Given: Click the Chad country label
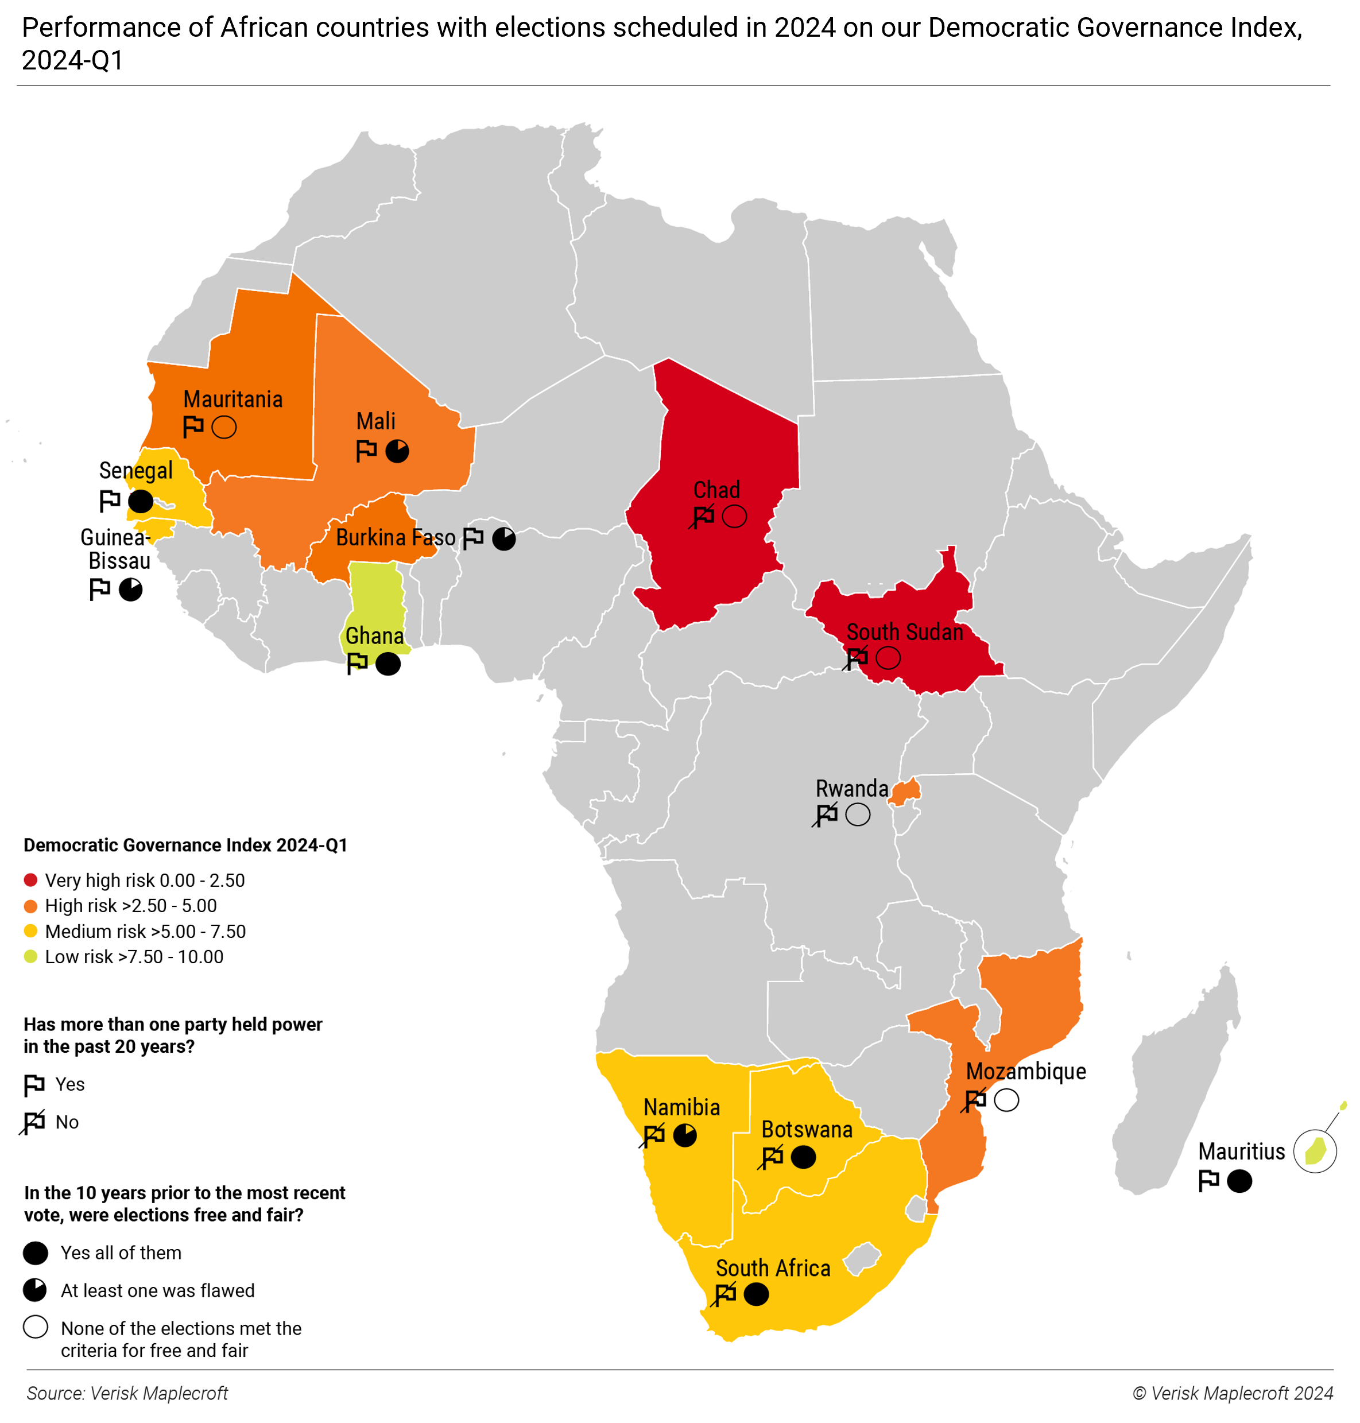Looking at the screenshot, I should tap(716, 490).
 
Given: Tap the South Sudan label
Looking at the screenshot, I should tap(904, 632).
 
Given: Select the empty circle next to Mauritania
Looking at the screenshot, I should tap(224, 427).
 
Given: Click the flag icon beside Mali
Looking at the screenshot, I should tap(366, 451).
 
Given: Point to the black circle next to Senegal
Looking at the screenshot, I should tap(141, 501).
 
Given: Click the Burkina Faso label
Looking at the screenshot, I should tap(395, 538).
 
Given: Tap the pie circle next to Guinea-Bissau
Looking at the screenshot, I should tap(130, 590).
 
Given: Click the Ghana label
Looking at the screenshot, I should tap(374, 636).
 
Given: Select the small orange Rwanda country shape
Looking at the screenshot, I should tap(905, 792).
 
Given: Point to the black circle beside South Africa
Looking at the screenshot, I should tap(756, 1294).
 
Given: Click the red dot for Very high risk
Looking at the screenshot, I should tap(30, 880).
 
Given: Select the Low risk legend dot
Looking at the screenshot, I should tap(30, 956).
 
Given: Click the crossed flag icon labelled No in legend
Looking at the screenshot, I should tap(33, 1122).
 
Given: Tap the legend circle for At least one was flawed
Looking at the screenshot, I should tap(35, 1290).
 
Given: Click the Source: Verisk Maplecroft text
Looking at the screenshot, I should tap(127, 1393).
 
